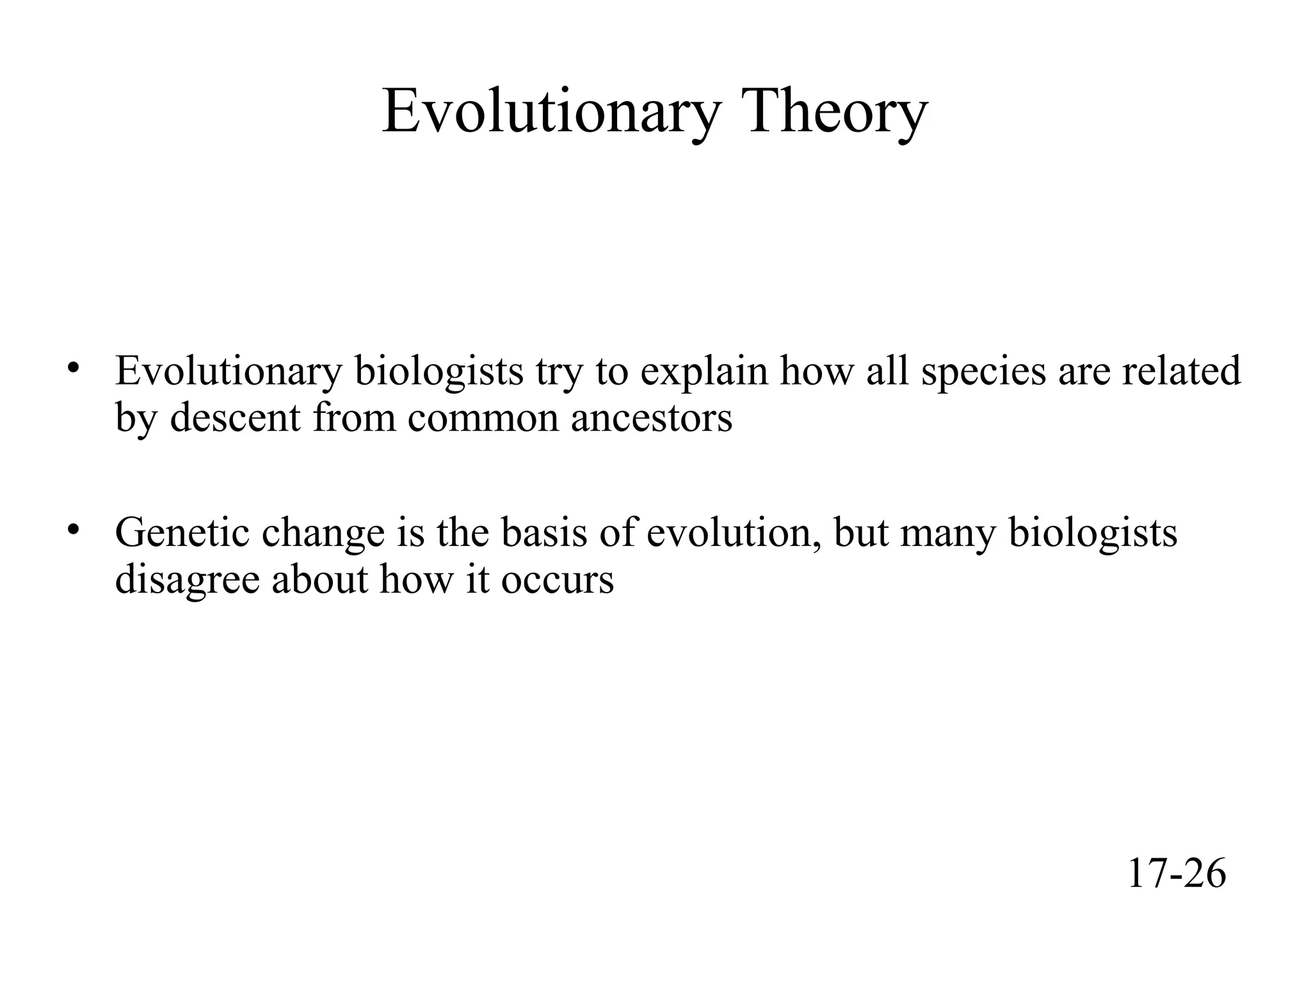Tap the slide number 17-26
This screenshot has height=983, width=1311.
(x=1176, y=874)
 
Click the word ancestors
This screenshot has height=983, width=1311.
(x=651, y=419)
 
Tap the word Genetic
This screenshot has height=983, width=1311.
(x=182, y=533)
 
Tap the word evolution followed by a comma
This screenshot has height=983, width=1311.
(x=732, y=533)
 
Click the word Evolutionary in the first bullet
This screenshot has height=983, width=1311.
(x=229, y=372)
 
